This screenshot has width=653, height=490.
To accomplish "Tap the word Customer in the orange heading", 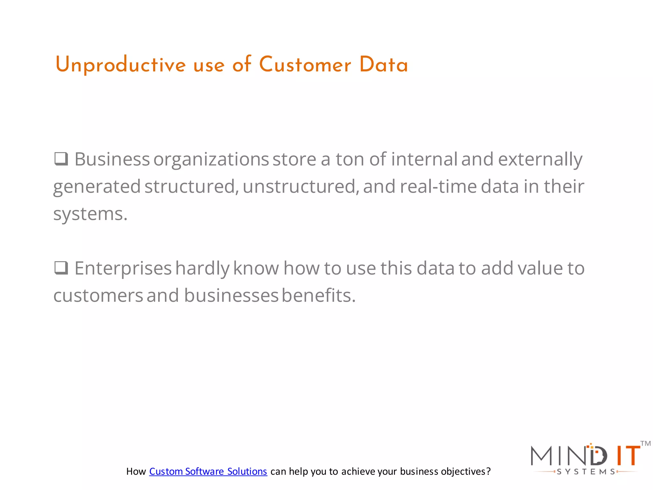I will point(305,65).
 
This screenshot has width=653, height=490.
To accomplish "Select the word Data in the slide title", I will point(384,65).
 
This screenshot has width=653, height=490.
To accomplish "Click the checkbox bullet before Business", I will point(61,159).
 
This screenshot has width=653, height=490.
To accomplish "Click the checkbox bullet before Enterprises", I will point(61,268).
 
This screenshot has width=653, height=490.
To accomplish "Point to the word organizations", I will point(211,160).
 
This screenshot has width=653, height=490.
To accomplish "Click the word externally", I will point(540,160).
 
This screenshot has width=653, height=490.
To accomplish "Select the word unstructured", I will point(299,187).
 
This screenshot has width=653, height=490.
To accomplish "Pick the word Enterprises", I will point(123,268).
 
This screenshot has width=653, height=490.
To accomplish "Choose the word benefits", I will point(318,295).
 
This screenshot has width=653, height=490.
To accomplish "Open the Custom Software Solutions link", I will point(208,471).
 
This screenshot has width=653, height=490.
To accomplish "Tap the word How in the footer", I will point(136,471).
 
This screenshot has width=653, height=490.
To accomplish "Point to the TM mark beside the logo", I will point(645,443).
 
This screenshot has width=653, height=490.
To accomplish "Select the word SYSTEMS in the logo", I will point(586,472).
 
